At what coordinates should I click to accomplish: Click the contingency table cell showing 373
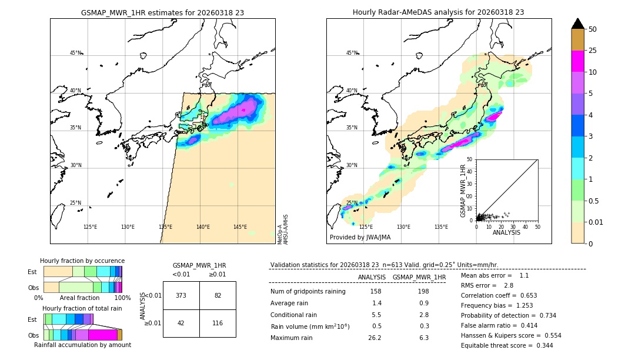pos(181,295)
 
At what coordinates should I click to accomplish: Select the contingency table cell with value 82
pos(218,295)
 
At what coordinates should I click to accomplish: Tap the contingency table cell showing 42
pos(181,324)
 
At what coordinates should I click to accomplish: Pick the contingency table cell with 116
pos(218,324)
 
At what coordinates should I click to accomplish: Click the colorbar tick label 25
pos(593,51)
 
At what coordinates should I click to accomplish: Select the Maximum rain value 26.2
pos(375,338)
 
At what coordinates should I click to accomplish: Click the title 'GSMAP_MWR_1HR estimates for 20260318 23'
pos(162,12)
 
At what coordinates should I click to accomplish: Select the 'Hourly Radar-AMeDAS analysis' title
pos(438,12)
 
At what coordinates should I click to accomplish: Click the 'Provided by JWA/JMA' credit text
pos(360,237)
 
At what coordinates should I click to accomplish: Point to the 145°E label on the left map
pos(240,227)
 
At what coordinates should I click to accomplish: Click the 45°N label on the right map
pos(352,53)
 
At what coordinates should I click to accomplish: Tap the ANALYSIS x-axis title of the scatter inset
pos(507,232)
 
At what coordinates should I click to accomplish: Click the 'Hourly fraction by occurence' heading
pos(82,261)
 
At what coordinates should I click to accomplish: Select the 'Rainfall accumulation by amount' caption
pos(82,345)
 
